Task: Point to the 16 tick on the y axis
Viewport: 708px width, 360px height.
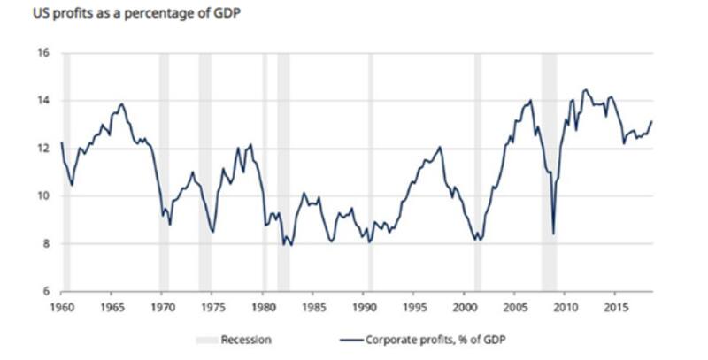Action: pyautogui.click(x=42, y=54)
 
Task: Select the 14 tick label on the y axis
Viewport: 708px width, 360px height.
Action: pyautogui.click(x=42, y=101)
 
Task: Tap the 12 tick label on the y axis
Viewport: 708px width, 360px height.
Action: pyautogui.click(x=42, y=149)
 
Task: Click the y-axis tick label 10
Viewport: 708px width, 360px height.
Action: pyautogui.click(x=42, y=196)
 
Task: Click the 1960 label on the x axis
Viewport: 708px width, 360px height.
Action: pyautogui.click(x=61, y=306)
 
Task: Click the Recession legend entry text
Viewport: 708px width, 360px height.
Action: pyautogui.click(x=246, y=339)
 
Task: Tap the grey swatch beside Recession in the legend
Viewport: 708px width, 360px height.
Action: pyautogui.click(x=205, y=339)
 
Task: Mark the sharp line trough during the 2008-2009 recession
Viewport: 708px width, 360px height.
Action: pyautogui.click(x=553, y=234)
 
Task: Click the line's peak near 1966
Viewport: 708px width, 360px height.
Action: pyautogui.click(x=121, y=104)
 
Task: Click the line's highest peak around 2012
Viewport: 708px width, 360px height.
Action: pyautogui.click(x=585, y=89)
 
